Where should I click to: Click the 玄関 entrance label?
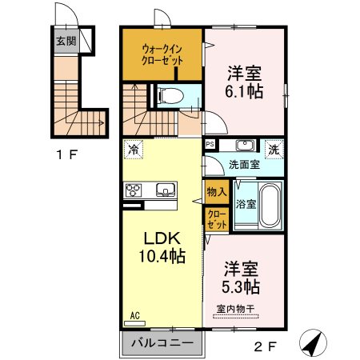pos(66,41)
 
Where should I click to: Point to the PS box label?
pos(210,145)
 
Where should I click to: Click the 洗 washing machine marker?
pos(274,148)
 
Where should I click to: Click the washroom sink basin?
pos(244,146)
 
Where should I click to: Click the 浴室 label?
pos(245,203)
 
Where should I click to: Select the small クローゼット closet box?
pos(216,218)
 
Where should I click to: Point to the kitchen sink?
pos(165,190)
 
